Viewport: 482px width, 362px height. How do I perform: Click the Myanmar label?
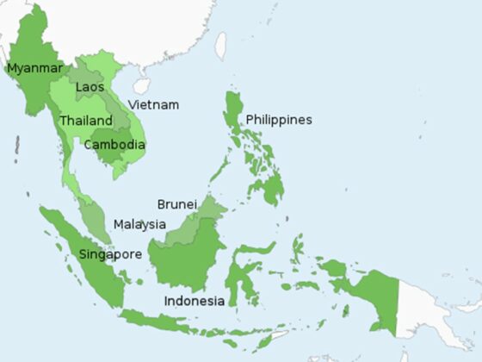[34, 67]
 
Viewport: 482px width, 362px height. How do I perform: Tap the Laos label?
[90, 87]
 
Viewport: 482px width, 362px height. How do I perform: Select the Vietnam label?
[153, 104]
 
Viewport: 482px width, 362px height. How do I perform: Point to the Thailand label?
[85, 121]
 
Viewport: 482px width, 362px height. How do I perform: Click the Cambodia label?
[114, 144]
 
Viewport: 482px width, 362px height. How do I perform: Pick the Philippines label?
[278, 119]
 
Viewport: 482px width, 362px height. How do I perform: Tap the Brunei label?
[177, 204]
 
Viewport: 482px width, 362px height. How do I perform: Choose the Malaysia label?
[139, 224]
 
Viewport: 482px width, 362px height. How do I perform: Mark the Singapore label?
[110, 254]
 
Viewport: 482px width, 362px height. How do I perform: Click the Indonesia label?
[195, 301]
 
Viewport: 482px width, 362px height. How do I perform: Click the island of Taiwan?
[220, 45]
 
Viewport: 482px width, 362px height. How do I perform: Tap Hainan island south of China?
[141, 85]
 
